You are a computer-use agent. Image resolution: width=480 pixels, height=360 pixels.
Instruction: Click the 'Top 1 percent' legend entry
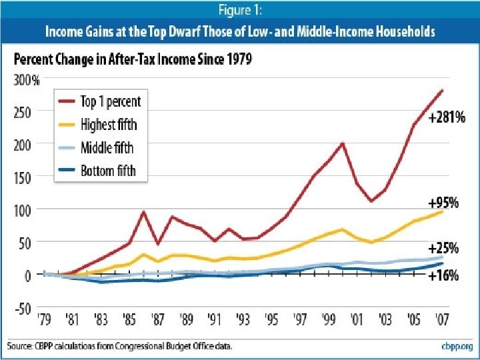point(110,102)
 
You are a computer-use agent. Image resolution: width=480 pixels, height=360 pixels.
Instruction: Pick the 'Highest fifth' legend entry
point(109,125)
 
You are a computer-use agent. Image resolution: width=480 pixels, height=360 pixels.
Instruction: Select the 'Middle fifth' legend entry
point(107,147)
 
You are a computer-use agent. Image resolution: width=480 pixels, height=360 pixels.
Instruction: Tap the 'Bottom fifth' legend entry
point(108,170)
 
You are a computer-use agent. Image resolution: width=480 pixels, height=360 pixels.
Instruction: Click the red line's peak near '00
point(343,143)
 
